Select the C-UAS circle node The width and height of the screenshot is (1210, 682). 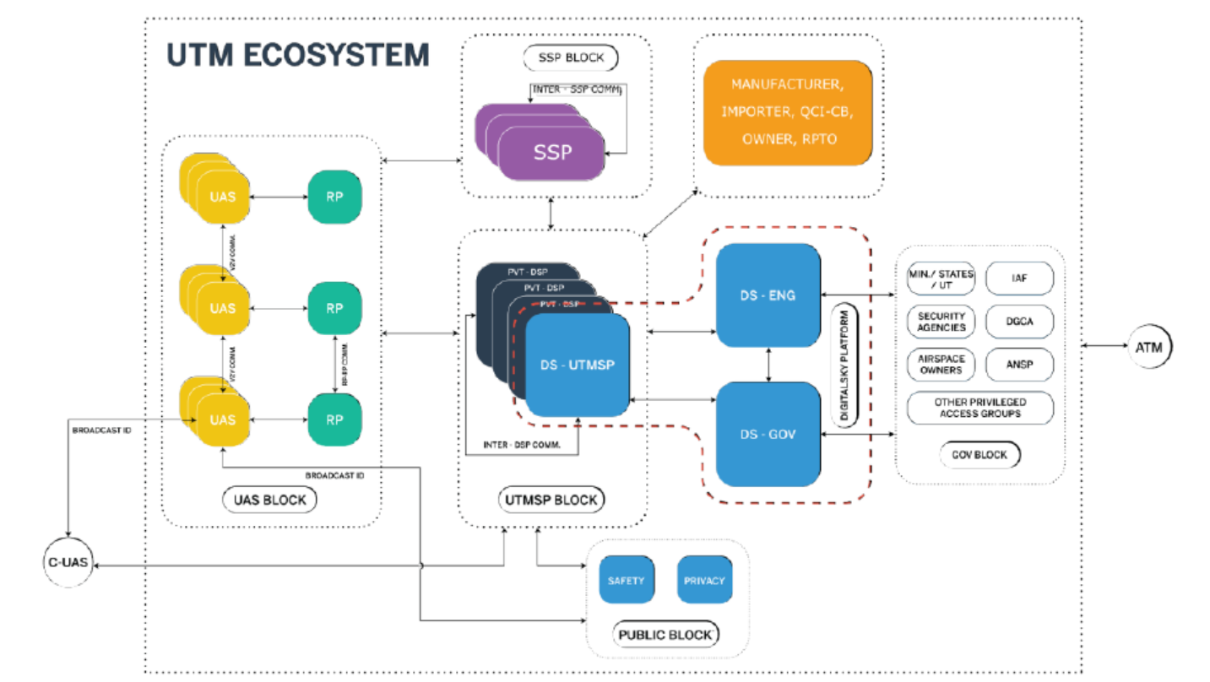click(68, 561)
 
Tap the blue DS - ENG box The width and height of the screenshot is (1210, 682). click(768, 295)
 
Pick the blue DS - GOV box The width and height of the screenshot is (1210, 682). click(768, 434)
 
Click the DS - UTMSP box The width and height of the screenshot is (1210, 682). click(578, 365)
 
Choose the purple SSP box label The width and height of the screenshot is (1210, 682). click(551, 152)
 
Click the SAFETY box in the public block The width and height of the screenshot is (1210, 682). click(626, 580)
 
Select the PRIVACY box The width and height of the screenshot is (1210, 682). click(703, 580)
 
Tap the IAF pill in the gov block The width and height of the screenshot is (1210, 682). click(1019, 278)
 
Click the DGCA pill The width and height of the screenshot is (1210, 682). click(1019, 322)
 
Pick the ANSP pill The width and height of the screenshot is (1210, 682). click(1019, 365)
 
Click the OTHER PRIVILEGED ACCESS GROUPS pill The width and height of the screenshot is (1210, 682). click(979, 408)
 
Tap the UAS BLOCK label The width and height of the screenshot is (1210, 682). click(270, 500)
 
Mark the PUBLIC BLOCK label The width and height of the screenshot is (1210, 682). click(666, 634)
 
